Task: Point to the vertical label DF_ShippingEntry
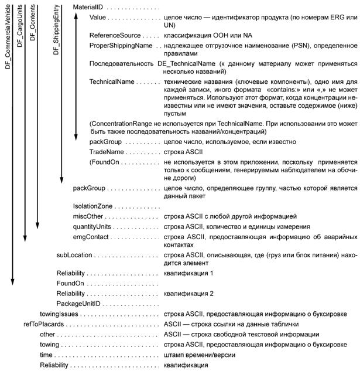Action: tap(56, 30)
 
